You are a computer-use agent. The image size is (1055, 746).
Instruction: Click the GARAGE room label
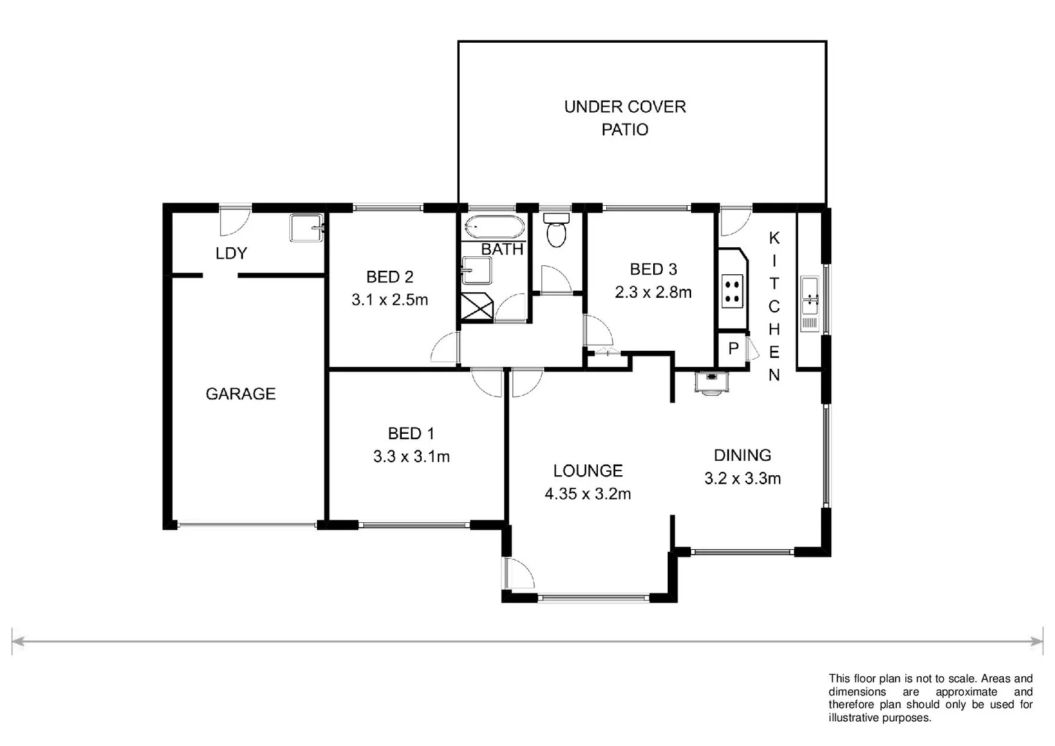pyautogui.click(x=240, y=394)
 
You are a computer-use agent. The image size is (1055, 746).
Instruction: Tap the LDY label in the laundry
pyautogui.click(x=231, y=254)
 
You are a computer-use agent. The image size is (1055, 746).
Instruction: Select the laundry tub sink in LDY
pyautogui.click(x=307, y=228)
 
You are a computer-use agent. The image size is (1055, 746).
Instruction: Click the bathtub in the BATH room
pyautogui.click(x=494, y=227)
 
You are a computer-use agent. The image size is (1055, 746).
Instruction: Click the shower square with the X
pyautogui.click(x=477, y=307)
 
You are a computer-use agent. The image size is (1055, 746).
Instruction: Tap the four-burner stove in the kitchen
pyautogui.click(x=733, y=291)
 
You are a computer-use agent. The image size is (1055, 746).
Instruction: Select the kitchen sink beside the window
pyautogui.click(x=810, y=304)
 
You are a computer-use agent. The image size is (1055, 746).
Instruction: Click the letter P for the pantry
pyautogui.click(x=733, y=350)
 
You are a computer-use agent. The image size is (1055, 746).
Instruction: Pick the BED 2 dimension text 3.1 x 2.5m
pyautogui.click(x=389, y=300)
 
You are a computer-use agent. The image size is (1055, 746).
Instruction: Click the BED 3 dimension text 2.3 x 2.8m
pyautogui.click(x=653, y=292)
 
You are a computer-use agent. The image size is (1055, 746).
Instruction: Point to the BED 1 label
pyautogui.click(x=411, y=434)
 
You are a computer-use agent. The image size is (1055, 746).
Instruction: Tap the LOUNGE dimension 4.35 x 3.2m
pyautogui.click(x=588, y=494)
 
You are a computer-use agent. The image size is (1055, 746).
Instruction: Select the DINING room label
pyautogui.click(x=742, y=455)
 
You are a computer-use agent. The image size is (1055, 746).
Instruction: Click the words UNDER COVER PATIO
pyautogui.click(x=625, y=118)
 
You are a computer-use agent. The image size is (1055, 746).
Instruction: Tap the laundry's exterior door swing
pyautogui.click(x=231, y=221)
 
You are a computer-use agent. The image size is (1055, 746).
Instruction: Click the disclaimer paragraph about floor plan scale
pyautogui.click(x=930, y=698)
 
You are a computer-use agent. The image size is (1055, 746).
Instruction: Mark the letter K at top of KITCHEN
pyautogui.click(x=774, y=238)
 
